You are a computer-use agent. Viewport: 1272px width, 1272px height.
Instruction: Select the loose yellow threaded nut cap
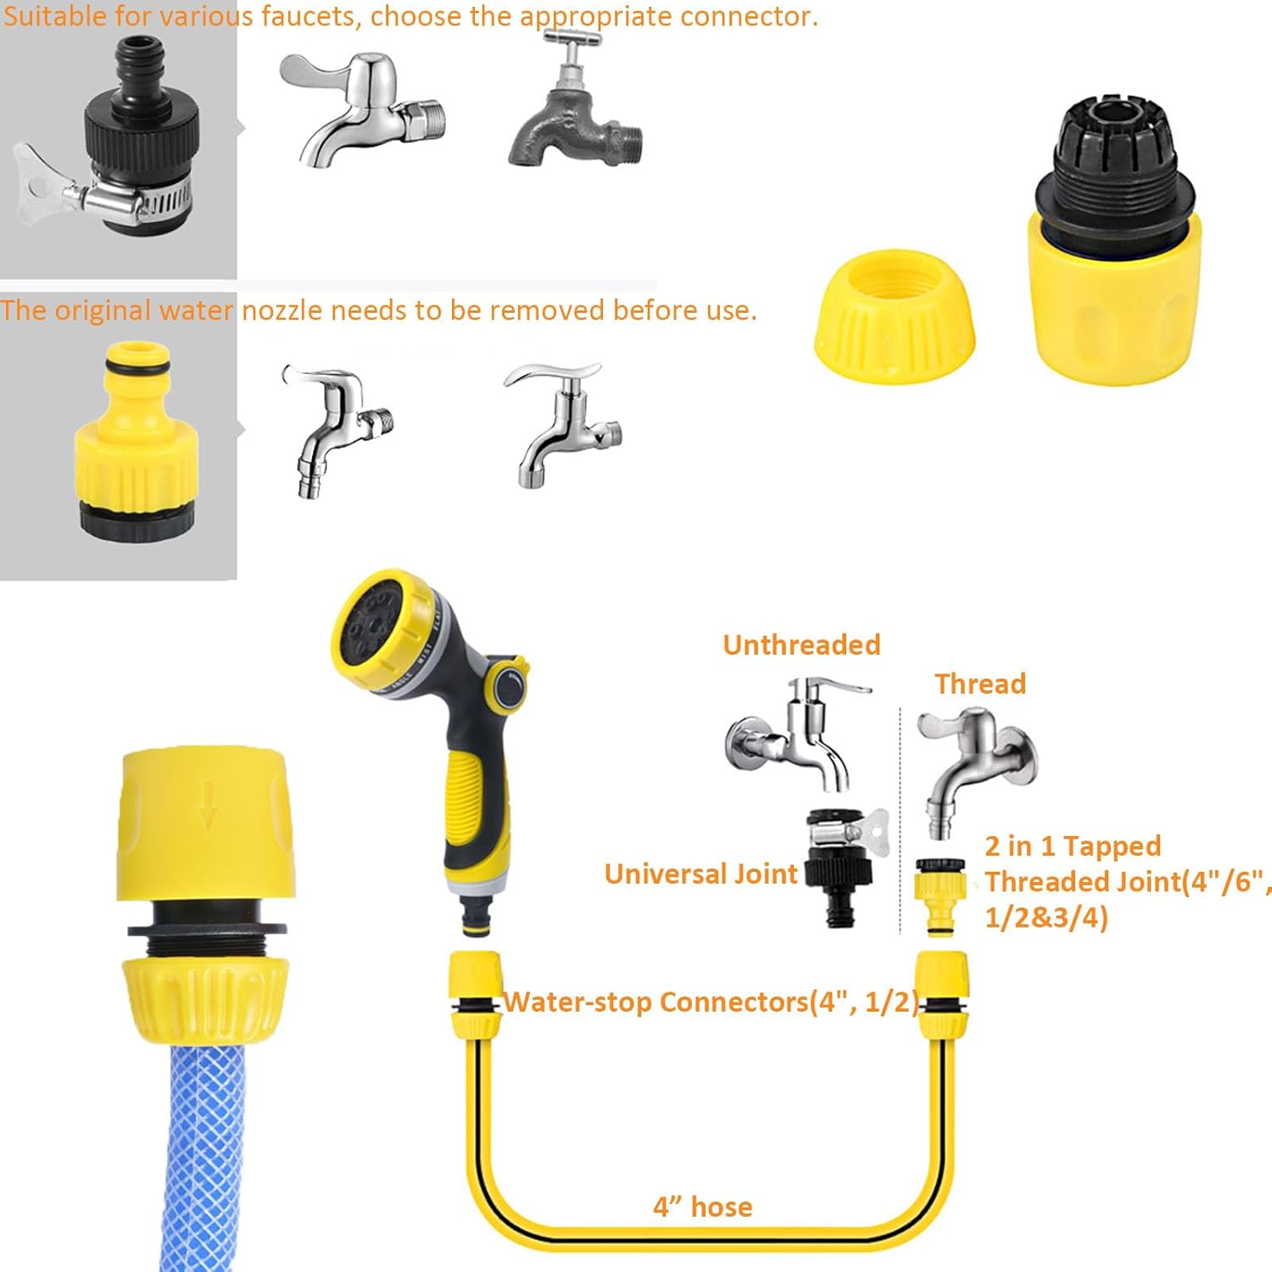pos(895,315)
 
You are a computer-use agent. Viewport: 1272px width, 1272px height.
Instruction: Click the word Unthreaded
pos(801,645)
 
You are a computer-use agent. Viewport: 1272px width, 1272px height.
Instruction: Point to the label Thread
pos(980,684)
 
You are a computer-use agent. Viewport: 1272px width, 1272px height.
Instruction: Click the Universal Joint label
pos(700,874)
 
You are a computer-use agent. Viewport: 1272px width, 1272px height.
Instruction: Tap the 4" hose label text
pos(702,1207)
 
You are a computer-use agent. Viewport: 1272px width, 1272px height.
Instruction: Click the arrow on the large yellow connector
pos(208,806)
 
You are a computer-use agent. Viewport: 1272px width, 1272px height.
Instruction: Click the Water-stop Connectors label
pos(711,1002)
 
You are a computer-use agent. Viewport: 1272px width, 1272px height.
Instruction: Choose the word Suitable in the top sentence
pos(56,17)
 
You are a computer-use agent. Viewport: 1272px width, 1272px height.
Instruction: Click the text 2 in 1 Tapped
pos(1073,846)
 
